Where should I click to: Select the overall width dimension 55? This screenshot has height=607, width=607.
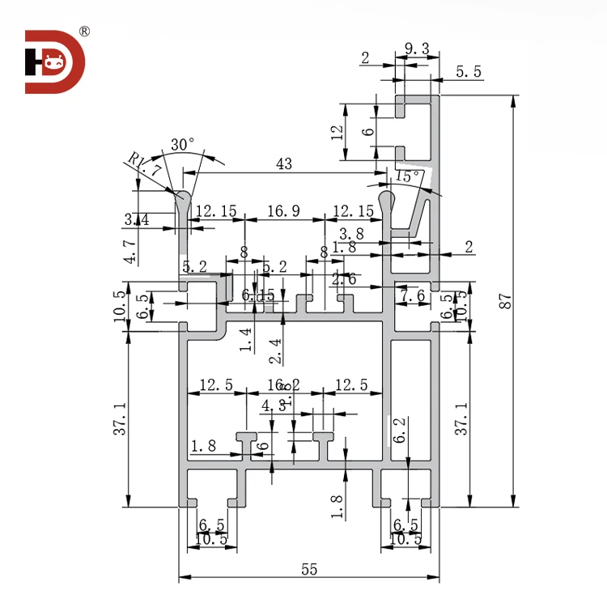(x=308, y=569)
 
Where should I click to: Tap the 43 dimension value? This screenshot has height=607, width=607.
(x=284, y=163)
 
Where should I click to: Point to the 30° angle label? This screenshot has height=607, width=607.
(x=183, y=144)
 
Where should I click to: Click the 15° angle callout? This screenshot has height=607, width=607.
(x=407, y=175)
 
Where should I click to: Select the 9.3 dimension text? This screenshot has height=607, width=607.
(x=416, y=50)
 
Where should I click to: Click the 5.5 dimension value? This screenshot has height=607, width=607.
(x=469, y=72)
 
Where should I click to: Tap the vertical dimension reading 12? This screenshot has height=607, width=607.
(x=337, y=132)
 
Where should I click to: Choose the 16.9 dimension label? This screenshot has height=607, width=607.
(x=283, y=211)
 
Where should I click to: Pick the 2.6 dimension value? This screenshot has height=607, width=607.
(x=344, y=279)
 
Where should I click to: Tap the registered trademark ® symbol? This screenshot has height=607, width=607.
(x=85, y=32)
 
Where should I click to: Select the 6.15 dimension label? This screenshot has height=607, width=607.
(x=257, y=296)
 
